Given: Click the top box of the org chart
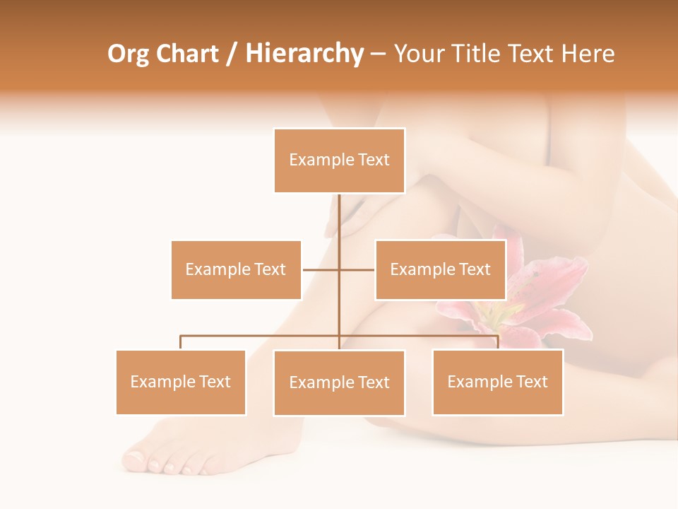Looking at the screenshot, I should [x=339, y=160].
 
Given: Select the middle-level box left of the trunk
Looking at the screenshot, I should [x=236, y=269].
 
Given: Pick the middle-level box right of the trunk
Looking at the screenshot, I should [x=440, y=269].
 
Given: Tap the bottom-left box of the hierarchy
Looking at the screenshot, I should [x=181, y=382].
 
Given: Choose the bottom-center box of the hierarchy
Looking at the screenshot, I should [x=339, y=382].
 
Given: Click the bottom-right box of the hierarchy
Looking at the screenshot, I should [x=497, y=382].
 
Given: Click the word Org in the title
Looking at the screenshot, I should [x=128, y=54].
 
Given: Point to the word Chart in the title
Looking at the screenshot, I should [x=187, y=54].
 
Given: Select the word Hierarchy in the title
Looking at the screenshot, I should [x=304, y=54].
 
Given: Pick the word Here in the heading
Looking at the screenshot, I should [x=588, y=54].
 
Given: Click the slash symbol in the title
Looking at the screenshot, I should [x=232, y=54].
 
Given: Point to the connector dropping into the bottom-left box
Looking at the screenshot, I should [x=181, y=342].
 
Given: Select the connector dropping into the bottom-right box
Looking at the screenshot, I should [x=497, y=342].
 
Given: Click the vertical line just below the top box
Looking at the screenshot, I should [x=339, y=212].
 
